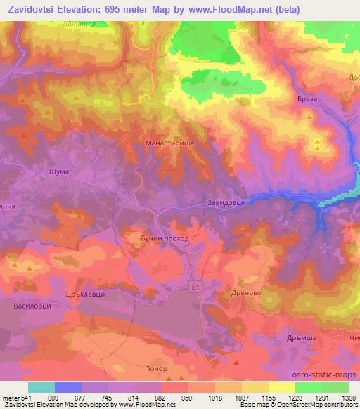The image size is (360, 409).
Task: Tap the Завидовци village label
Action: [226, 204]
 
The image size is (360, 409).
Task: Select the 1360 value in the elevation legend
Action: [347, 397]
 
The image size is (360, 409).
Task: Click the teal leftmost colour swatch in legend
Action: [41, 387]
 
